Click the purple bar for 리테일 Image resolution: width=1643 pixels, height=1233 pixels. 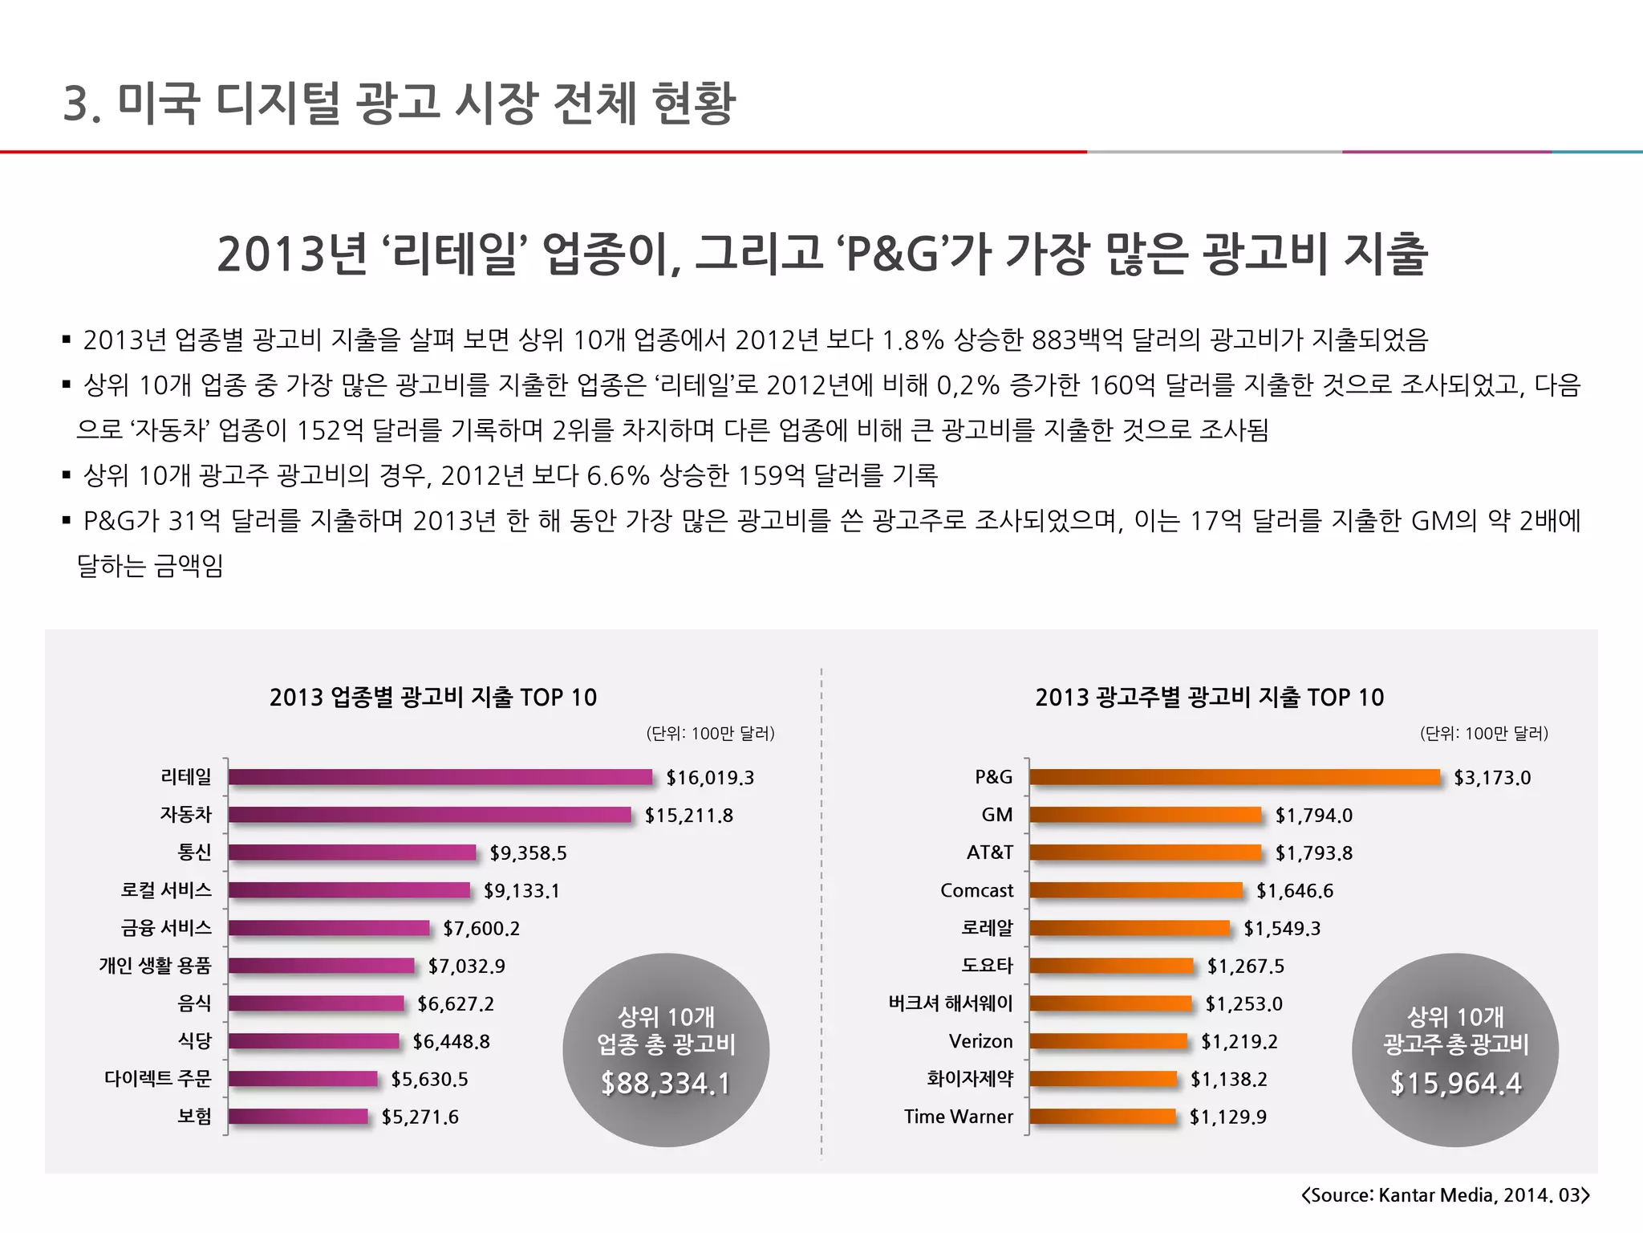440,777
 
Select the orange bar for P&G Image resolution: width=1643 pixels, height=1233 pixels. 1235,777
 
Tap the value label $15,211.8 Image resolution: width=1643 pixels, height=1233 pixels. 688,816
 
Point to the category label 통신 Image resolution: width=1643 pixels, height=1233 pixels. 194,853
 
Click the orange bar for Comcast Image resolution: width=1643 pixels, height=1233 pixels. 1136,890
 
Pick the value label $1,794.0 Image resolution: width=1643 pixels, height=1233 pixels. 1313,816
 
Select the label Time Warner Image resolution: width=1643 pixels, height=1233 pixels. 958,1117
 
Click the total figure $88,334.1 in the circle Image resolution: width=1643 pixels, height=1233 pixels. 666,1084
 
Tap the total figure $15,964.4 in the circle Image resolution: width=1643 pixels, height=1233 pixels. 1455,1084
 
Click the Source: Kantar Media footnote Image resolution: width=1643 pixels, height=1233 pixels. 1445,1195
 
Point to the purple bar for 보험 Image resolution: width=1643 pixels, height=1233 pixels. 298,1117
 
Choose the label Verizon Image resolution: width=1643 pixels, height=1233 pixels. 980,1041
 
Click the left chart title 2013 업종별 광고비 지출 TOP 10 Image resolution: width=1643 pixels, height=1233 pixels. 433,697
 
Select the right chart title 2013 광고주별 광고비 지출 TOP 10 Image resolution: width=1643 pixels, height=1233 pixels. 1209,697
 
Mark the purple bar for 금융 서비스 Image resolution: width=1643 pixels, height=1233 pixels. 329,928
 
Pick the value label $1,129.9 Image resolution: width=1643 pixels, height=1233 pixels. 1227,1117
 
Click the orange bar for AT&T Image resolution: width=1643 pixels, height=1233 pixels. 1146,853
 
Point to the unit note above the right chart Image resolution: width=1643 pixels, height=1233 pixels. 1483,733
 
